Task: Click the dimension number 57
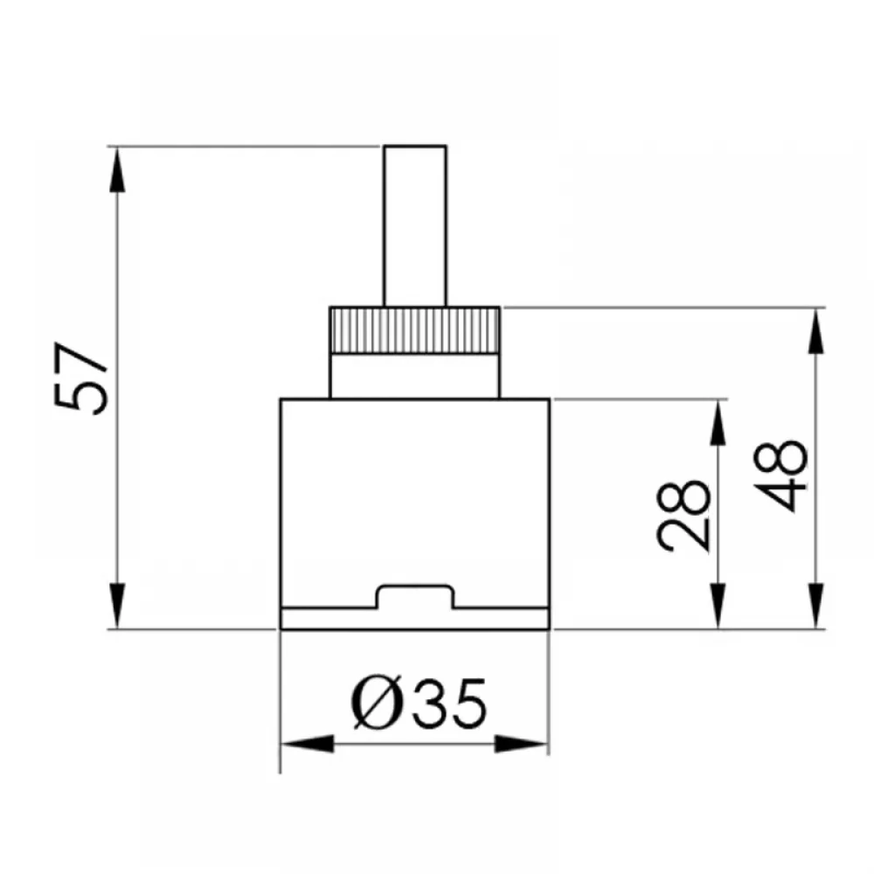[81, 378]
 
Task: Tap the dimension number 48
[780, 475]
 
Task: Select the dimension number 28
[683, 516]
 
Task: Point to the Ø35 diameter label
[419, 703]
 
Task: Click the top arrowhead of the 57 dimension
[117, 170]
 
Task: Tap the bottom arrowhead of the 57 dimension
[117, 606]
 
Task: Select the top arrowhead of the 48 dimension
[816, 330]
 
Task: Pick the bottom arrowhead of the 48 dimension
[816, 606]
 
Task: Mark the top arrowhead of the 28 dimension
[718, 422]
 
